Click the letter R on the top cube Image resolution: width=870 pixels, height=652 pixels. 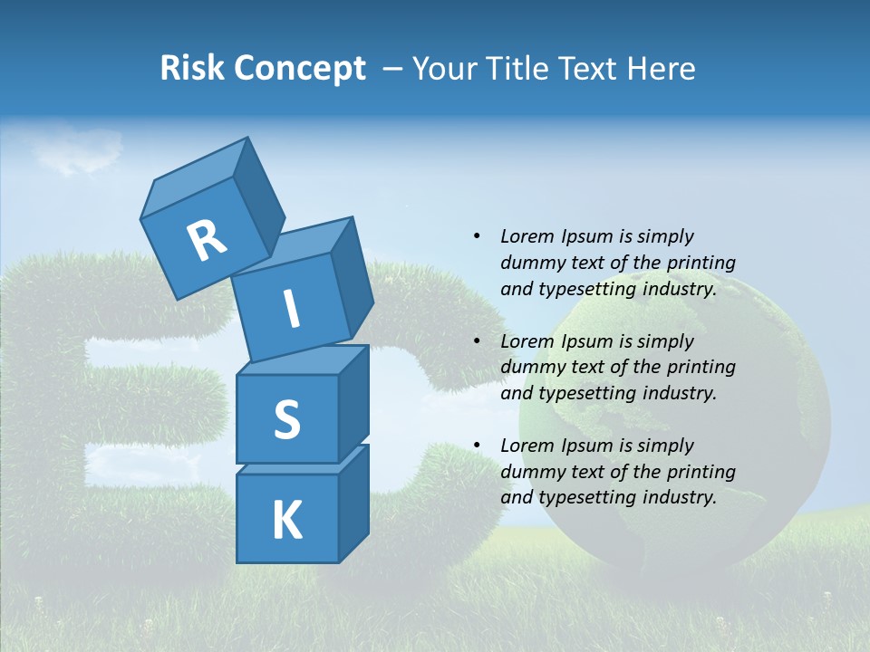(207, 240)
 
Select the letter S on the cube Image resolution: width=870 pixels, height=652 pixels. (286, 419)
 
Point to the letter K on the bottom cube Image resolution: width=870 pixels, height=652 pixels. (286, 521)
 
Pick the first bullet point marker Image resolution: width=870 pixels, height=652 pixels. (477, 236)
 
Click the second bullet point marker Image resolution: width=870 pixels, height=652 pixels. (477, 341)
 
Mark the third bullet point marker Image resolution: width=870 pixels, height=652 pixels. (477, 446)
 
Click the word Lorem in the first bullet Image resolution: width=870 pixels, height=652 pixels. (526, 236)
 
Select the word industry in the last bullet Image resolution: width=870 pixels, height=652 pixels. (674, 497)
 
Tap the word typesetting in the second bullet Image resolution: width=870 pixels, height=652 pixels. (585, 393)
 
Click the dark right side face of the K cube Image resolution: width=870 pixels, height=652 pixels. (353, 503)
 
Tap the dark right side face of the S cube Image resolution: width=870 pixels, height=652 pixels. (353, 403)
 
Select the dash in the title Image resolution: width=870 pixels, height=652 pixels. (393, 68)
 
